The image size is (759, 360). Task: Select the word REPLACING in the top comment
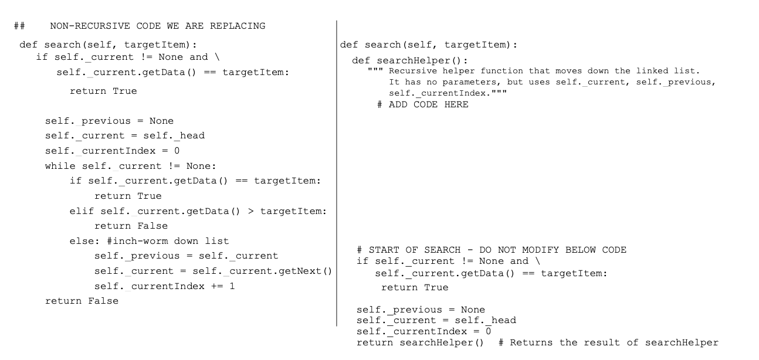click(237, 26)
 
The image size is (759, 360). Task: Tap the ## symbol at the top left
click(19, 26)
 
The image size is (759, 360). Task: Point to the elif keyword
click(82, 211)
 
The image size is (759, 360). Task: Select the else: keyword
click(84, 241)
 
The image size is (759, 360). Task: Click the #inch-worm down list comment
click(166, 241)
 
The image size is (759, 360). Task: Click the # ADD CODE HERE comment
click(423, 104)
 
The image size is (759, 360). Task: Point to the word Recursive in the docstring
click(414, 72)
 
